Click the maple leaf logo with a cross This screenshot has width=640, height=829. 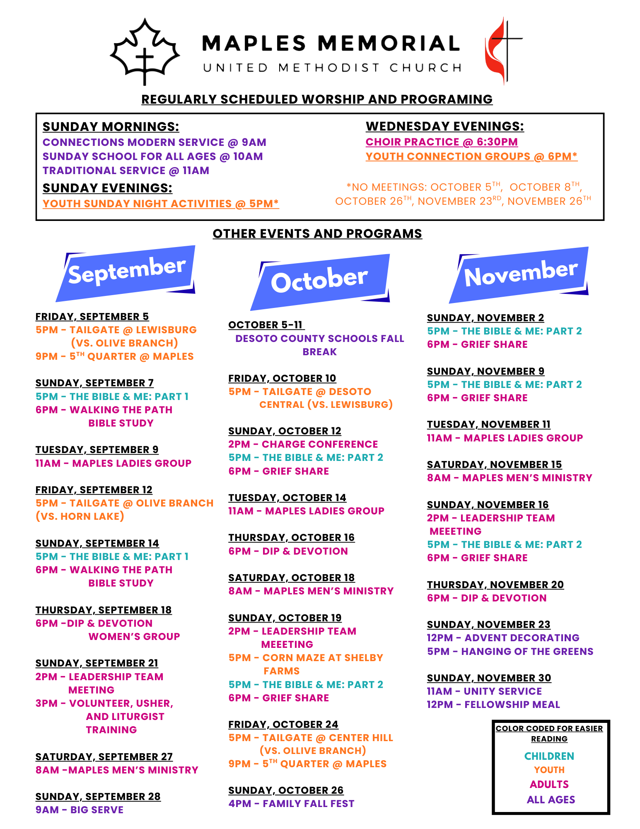[x=145, y=51]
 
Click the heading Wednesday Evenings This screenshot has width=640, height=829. [x=444, y=126]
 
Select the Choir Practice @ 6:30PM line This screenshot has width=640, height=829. [x=442, y=142]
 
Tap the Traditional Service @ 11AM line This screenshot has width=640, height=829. [x=126, y=171]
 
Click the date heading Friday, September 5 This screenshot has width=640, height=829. [x=92, y=317]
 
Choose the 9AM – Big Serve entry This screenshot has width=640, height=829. [x=80, y=810]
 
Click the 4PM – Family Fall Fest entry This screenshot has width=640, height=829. [x=291, y=804]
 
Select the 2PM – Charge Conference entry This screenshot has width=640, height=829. [x=303, y=444]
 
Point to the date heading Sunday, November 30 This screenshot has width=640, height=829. [x=489, y=678]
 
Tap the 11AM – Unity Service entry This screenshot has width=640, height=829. [x=484, y=691]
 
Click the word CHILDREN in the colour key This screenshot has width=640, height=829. [x=549, y=756]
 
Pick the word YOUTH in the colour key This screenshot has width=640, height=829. [x=549, y=770]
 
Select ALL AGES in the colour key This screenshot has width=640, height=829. [x=551, y=800]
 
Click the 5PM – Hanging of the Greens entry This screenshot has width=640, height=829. [x=510, y=652]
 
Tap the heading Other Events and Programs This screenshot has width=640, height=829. [x=317, y=234]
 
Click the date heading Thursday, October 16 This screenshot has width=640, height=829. [x=291, y=538]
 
